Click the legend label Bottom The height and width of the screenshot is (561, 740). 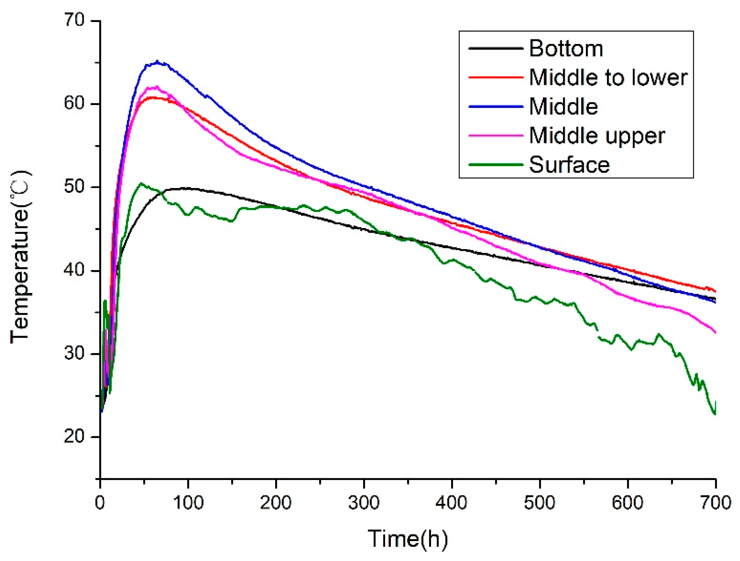click(566, 48)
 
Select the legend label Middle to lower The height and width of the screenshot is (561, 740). click(608, 77)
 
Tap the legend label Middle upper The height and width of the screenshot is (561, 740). click(597, 136)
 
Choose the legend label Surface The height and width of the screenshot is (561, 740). click(569, 165)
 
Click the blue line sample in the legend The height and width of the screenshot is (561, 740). click(495, 106)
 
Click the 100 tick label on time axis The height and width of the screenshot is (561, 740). click(188, 503)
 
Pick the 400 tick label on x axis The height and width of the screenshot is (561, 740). click(451, 503)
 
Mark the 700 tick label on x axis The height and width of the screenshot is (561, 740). click(715, 503)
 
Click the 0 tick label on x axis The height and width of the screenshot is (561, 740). click(100, 503)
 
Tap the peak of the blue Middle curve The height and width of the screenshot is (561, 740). click(157, 62)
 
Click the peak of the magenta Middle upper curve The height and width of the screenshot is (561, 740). click(155, 87)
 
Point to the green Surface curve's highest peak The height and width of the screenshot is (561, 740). click(141, 183)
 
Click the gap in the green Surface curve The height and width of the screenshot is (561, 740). click(598, 333)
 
